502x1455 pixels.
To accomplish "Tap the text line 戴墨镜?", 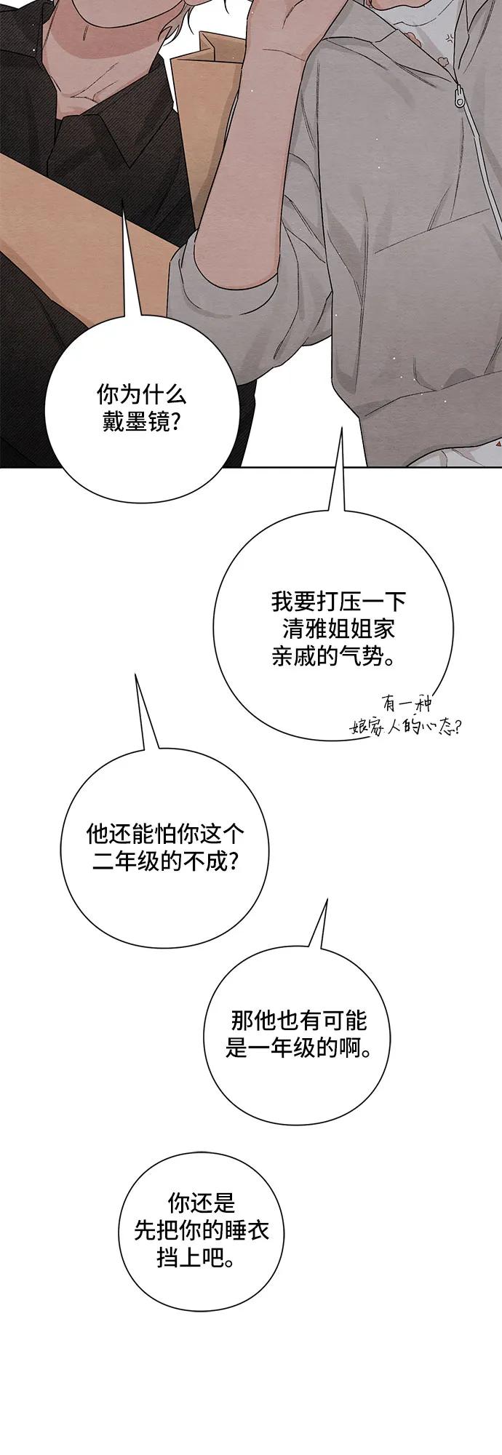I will tap(141, 422).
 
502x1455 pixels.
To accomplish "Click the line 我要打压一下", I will tap(338, 602).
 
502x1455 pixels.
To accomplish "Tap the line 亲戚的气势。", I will tap(334, 657).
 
